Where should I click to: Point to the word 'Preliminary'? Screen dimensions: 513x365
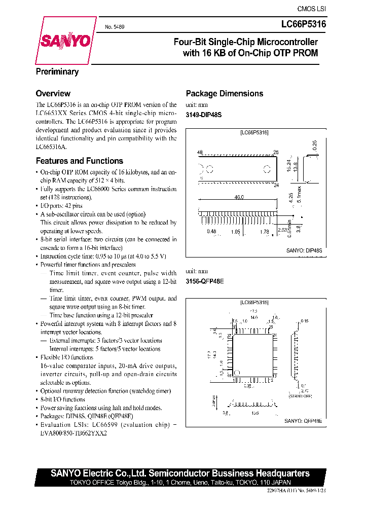pyautogui.click(x=57, y=72)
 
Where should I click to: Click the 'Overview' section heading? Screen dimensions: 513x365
pyautogui.click(x=53, y=94)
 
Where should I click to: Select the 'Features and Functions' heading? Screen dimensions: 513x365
pyautogui.click(x=79, y=161)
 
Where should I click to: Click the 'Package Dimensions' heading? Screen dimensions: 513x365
pyautogui.click(x=225, y=94)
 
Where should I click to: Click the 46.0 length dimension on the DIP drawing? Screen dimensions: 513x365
pyautogui.click(x=239, y=197)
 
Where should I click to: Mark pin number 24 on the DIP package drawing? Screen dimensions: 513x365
pyautogui.click(x=276, y=185)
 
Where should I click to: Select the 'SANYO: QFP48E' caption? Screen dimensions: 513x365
pyautogui.click(x=303, y=421)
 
